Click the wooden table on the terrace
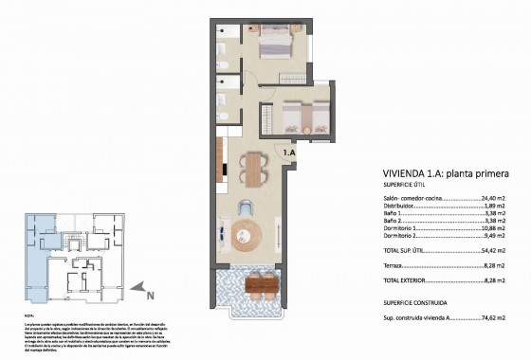click(260, 281)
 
